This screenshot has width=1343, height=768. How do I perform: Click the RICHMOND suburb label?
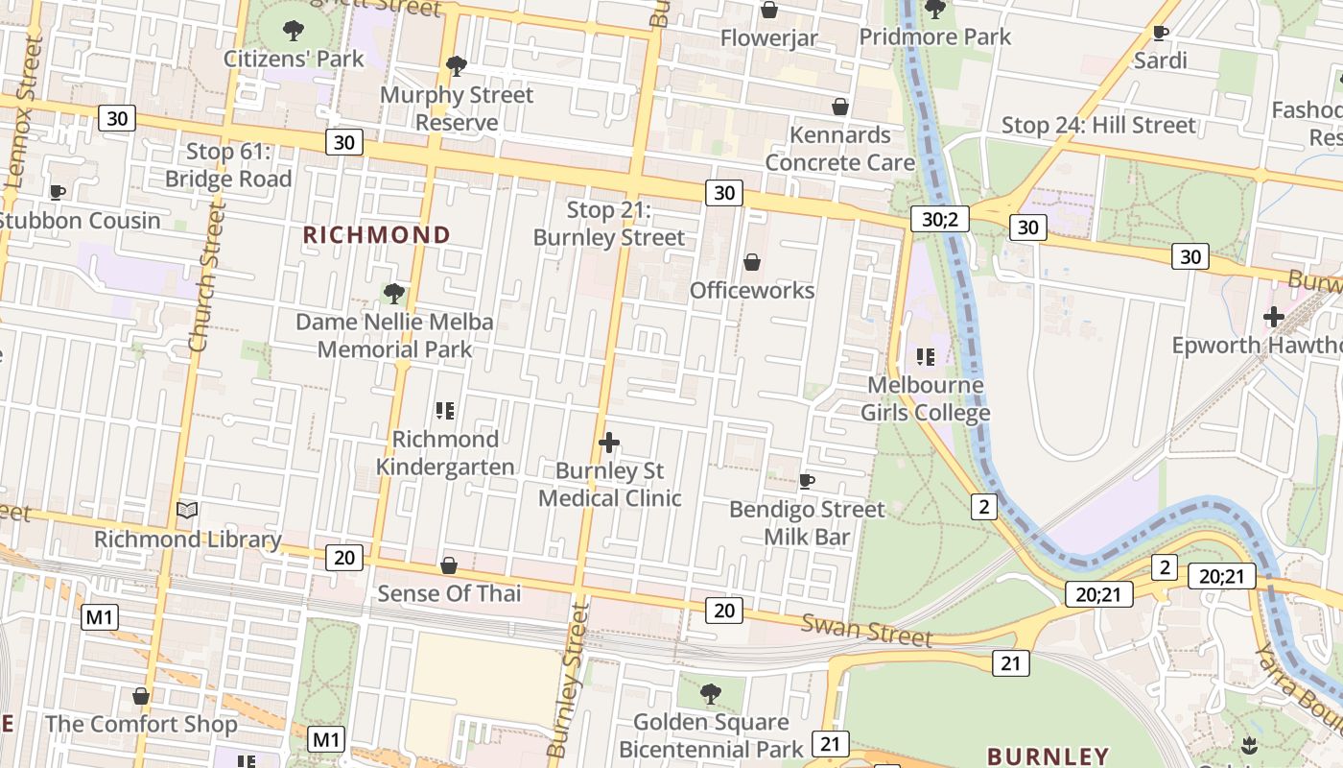(x=376, y=235)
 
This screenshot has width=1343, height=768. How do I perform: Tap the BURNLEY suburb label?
(x=1048, y=756)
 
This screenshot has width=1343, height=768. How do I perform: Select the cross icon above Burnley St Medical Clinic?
(x=608, y=443)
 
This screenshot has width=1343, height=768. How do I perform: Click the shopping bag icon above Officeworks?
(x=752, y=262)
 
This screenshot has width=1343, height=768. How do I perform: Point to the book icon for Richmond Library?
(x=188, y=511)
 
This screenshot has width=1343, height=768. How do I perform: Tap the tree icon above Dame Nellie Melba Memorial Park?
(x=393, y=294)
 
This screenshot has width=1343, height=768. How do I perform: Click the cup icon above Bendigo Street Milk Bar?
(x=807, y=481)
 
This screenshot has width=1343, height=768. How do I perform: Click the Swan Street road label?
(x=867, y=631)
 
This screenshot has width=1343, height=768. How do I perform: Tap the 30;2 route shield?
(x=939, y=219)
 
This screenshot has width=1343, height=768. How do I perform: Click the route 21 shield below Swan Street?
(x=1010, y=662)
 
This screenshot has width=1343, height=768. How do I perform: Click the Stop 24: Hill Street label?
(x=1098, y=126)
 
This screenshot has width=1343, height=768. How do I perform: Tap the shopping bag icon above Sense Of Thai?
(x=448, y=566)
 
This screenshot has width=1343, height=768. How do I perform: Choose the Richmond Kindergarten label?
(x=445, y=452)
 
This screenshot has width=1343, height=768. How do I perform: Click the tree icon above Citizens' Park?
(x=294, y=31)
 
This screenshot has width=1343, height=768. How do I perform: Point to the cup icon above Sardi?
(x=1160, y=34)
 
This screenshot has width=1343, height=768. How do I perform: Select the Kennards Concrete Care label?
(x=839, y=149)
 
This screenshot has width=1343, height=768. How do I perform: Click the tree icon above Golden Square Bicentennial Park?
(x=710, y=693)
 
